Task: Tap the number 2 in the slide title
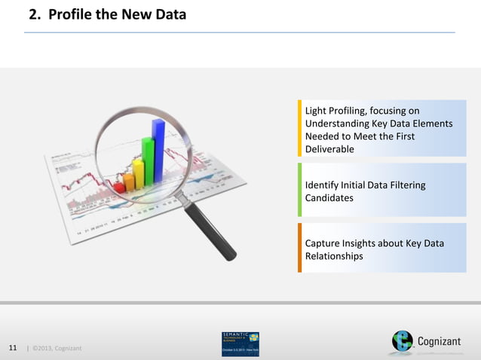(x=34, y=14)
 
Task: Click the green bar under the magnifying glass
(x=148, y=162)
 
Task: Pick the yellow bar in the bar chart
(x=138, y=172)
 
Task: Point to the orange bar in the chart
(x=129, y=181)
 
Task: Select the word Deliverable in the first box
(x=329, y=149)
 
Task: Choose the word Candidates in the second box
(x=329, y=198)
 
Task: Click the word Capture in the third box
(x=323, y=243)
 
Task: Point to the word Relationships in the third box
(x=334, y=256)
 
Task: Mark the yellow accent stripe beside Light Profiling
(x=299, y=128)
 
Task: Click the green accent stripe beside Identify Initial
(x=299, y=191)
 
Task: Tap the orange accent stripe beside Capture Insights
(x=299, y=248)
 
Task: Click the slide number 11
(x=13, y=348)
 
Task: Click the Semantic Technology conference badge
(x=240, y=343)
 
